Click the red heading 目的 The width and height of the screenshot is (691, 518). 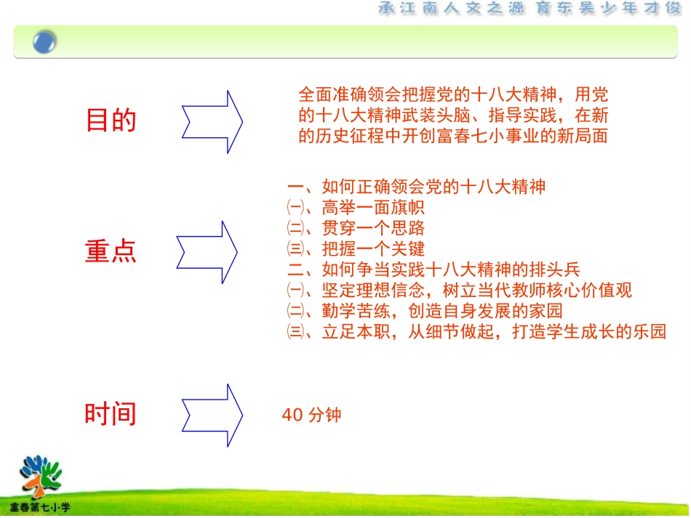[x=111, y=120]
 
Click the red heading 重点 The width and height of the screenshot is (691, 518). [x=111, y=251]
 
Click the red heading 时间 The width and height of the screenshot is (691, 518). [x=111, y=413]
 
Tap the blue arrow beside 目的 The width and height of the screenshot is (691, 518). [x=212, y=121]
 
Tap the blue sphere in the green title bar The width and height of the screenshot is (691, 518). [x=44, y=42]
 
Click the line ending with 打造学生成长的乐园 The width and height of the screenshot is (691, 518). [x=476, y=332]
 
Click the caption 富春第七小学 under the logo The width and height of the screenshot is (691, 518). [x=41, y=506]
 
